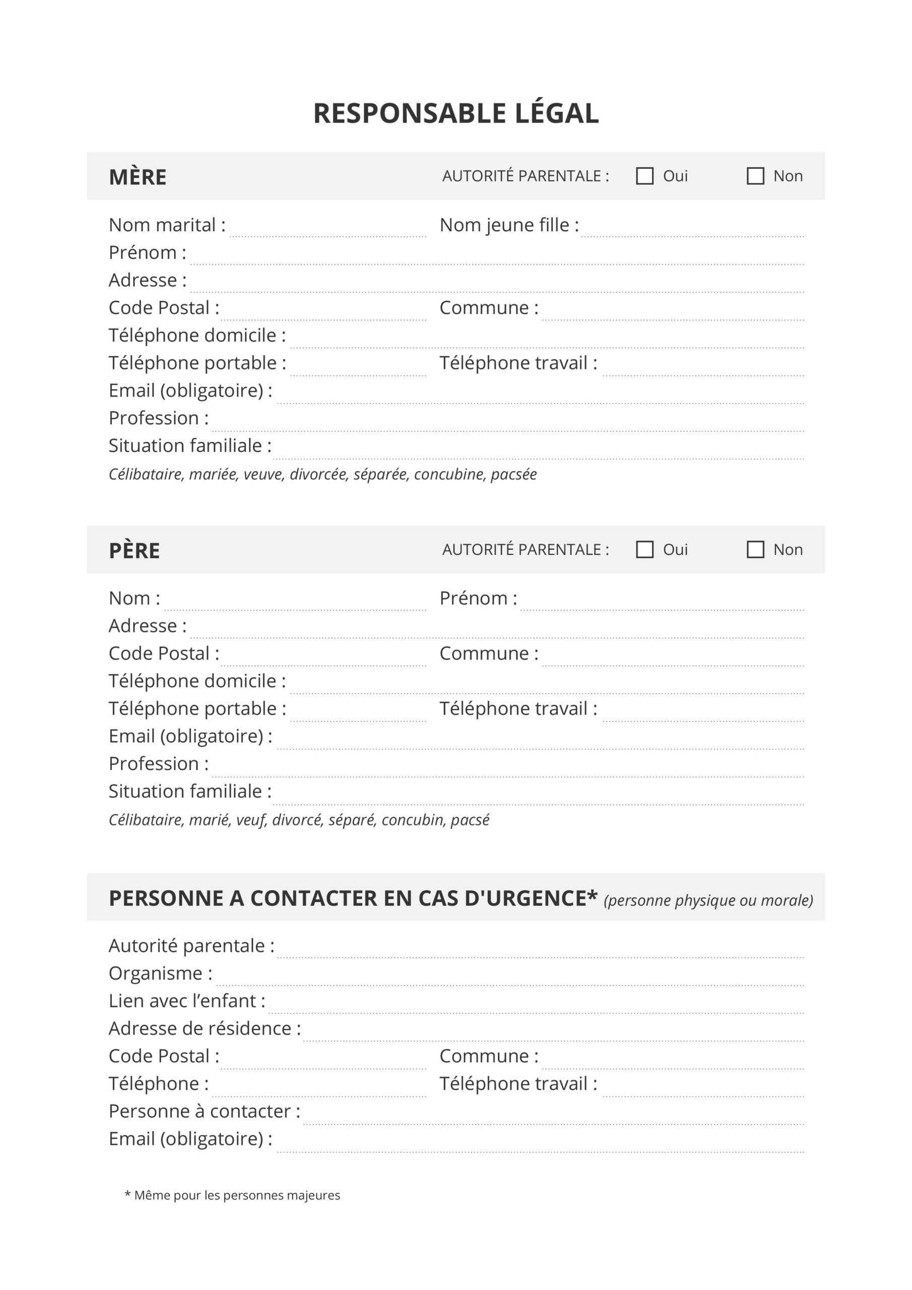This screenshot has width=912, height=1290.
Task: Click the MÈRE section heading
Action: click(x=138, y=177)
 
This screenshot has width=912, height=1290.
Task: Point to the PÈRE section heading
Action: click(x=135, y=551)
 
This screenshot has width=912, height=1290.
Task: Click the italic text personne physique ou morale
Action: click(x=708, y=900)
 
